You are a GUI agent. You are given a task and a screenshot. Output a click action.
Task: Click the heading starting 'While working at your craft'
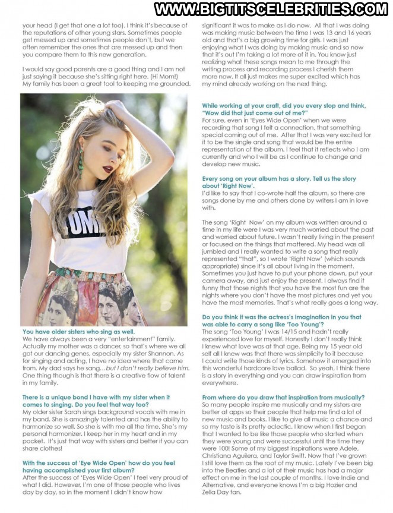point(283,109)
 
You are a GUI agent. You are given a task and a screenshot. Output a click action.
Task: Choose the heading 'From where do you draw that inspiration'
point(281,398)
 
